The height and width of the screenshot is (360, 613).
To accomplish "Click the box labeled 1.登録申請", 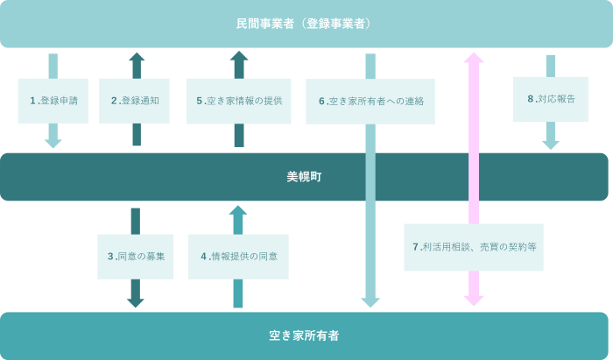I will click(53, 101).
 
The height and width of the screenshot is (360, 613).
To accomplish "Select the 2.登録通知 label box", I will click(134, 101).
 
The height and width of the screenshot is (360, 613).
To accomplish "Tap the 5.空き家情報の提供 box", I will click(238, 101).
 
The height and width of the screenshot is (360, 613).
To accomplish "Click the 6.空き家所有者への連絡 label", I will click(370, 101).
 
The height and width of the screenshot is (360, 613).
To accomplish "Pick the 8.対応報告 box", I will click(551, 99).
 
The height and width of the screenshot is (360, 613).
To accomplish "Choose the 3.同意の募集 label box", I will click(136, 257).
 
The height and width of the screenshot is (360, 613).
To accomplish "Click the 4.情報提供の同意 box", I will click(238, 257).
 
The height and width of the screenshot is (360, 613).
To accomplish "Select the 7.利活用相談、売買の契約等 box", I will click(474, 247).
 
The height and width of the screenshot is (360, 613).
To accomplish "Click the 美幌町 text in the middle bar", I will click(304, 177).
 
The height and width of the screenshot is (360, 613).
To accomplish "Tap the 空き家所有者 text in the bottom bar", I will click(304, 335).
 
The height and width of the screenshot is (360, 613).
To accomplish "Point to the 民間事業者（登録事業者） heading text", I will click(304, 24).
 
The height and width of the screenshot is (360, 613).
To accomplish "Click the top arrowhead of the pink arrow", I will click(474, 58).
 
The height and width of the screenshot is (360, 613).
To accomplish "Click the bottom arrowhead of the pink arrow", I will click(474, 300).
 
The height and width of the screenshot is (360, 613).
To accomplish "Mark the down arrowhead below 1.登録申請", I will click(53, 143).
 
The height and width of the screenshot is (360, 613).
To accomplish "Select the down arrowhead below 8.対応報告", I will click(551, 145).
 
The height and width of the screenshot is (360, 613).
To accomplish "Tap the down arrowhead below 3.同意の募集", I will click(136, 302).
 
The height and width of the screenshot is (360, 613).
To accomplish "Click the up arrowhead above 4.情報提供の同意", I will click(238, 211).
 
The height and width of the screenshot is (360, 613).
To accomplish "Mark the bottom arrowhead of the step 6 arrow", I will click(370, 302).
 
